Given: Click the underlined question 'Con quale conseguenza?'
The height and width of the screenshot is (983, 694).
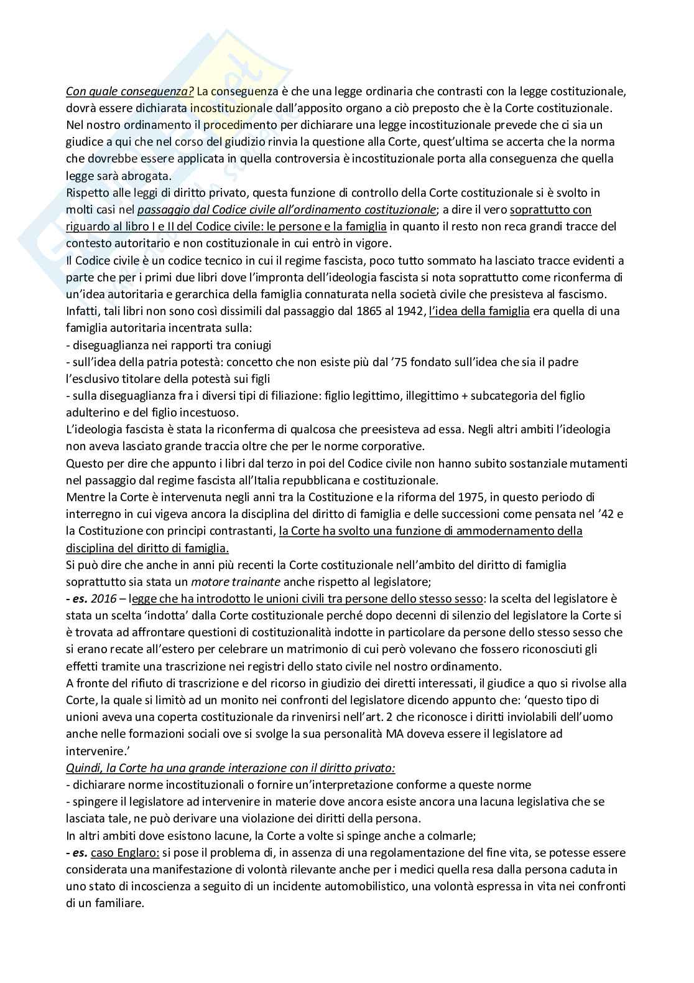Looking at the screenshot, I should click(x=130, y=91).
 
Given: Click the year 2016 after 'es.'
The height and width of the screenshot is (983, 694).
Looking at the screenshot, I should click(x=103, y=599).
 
